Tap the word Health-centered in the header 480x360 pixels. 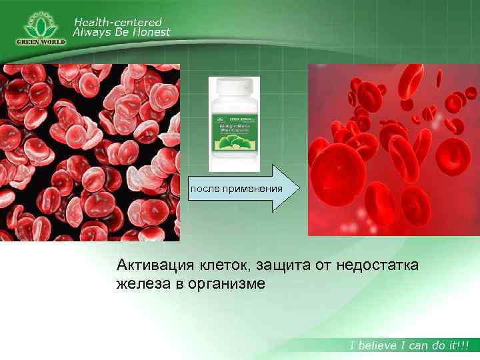117,22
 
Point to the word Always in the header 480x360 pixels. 91,32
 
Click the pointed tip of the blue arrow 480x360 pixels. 299,189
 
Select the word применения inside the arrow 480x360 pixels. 254,189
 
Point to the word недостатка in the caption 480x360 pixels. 377,266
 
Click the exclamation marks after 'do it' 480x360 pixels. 463,345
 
